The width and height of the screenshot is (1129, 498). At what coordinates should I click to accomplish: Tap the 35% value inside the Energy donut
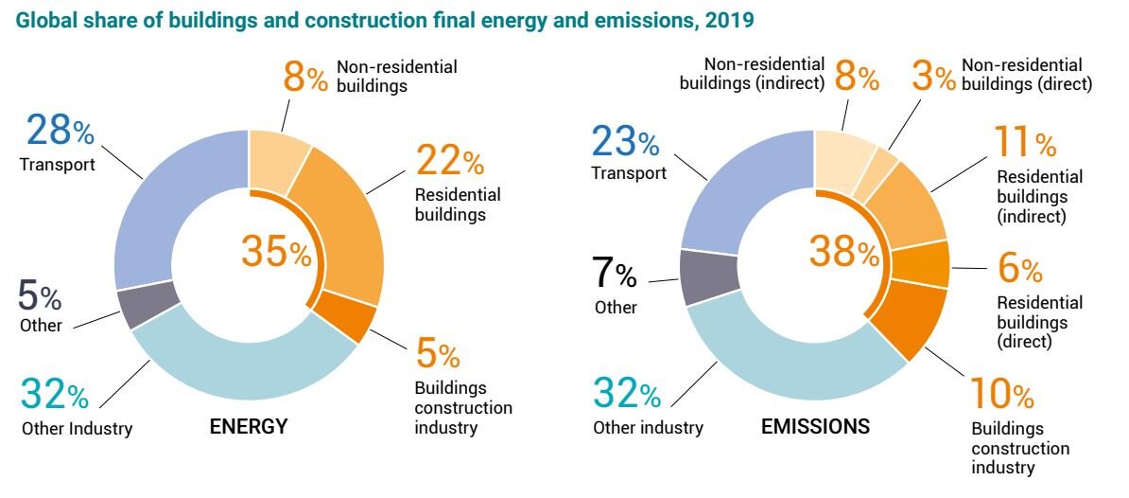click(x=275, y=251)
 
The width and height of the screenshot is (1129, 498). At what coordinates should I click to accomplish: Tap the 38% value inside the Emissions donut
click(x=843, y=252)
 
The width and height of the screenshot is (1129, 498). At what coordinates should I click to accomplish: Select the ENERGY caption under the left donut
click(x=248, y=427)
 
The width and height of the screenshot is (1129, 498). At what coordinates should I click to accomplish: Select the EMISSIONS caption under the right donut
click(x=814, y=427)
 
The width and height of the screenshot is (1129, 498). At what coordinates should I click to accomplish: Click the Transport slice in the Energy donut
click(x=161, y=208)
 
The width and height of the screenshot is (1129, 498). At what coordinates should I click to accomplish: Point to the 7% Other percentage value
click(x=615, y=275)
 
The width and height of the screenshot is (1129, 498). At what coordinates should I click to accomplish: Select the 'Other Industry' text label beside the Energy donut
click(x=77, y=429)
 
